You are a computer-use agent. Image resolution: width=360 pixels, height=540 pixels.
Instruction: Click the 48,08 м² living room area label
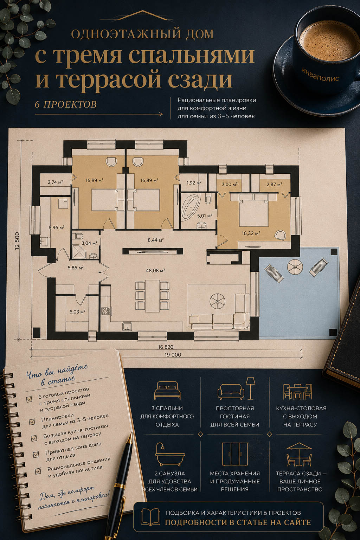pos(155,270)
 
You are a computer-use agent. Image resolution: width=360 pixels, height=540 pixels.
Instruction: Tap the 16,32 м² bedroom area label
pos(251,233)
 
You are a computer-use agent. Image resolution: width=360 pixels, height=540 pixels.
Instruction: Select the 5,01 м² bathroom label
pos(205,216)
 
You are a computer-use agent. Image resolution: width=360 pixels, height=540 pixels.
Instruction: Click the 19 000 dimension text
pos(173,355)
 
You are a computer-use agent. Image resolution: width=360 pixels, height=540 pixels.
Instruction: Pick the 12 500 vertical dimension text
pos(17,241)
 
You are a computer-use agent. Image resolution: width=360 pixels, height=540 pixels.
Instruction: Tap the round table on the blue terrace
pos(295,266)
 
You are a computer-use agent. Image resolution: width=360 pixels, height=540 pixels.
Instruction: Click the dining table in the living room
pos(152,296)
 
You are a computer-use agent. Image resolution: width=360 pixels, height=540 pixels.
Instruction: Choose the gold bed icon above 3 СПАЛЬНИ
pos(167,391)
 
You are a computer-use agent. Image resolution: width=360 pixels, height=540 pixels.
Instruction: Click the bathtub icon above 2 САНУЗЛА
pos(170,455)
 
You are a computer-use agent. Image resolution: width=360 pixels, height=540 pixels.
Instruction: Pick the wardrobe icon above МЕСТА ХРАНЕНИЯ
pos(235,454)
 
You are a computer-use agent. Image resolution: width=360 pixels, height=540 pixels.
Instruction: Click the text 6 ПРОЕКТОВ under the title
pos(66,104)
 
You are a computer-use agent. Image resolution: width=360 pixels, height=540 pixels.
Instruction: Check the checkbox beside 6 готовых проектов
pos(29,399)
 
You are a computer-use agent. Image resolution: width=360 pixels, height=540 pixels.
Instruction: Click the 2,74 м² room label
pos(55,182)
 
